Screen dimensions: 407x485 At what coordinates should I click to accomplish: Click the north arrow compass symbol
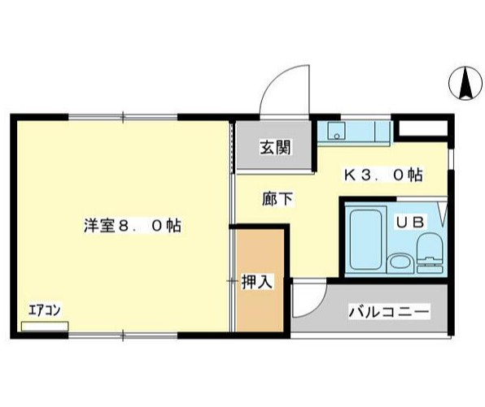pos(465,82)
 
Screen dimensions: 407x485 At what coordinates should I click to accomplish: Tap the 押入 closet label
pos(257,281)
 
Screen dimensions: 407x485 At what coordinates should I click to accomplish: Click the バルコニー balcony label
pos(388,311)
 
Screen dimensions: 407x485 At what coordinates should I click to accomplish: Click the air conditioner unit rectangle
pos(44,325)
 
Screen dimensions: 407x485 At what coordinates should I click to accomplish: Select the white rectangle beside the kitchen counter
pos(422,129)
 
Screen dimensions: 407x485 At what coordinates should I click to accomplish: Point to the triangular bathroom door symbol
pos(443,215)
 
